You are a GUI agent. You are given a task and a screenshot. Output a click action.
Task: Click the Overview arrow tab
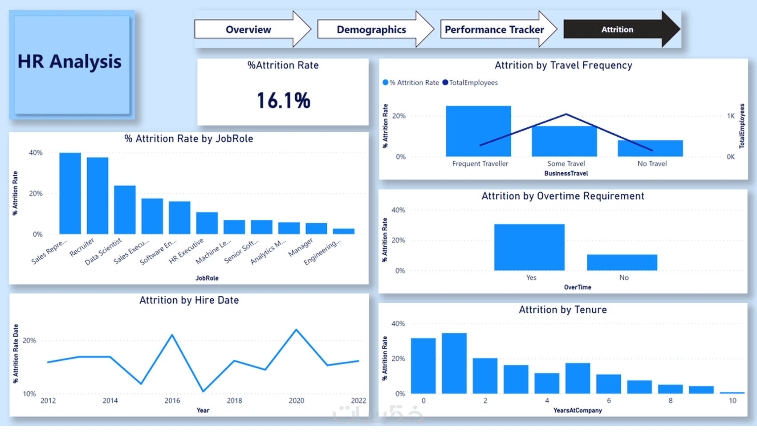click(x=248, y=29)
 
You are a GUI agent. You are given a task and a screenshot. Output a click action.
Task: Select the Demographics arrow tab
click(x=371, y=29)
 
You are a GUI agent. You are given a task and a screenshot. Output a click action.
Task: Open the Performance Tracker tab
click(x=494, y=29)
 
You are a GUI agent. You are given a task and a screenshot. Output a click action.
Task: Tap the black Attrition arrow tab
click(x=617, y=29)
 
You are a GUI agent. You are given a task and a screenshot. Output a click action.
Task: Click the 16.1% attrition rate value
click(x=284, y=100)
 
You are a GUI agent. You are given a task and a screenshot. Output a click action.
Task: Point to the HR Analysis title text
click(x=69, y=61)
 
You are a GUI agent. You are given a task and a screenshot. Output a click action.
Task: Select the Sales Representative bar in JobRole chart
click(x=70, y=193)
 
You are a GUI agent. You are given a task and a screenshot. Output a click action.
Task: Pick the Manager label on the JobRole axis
click(x=301, y=247)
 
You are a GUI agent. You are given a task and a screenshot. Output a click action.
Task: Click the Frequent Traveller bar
click(x=478, y=131)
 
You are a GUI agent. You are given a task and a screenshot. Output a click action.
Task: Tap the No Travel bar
click(x=650, y=148)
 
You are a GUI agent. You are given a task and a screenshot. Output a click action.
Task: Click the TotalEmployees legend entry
click(x=473, y=82)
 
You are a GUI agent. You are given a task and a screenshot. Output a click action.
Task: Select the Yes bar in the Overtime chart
click(x=529, y=247)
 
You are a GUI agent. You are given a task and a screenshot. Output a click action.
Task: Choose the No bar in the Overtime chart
click(x=622, y=262)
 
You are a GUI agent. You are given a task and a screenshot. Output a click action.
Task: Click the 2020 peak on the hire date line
click(x=297, y=330)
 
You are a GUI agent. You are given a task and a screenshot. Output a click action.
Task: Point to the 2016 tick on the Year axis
click(x=172, y=400)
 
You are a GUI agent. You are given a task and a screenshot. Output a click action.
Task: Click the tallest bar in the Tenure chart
click(x=454, y=363)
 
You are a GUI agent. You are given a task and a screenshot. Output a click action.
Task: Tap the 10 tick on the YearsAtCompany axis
click(x=733, y=400)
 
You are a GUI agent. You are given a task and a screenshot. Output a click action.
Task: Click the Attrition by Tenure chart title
click(x=563, y=310)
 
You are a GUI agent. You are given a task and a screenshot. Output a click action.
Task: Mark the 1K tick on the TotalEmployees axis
click(x=731, y=116)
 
